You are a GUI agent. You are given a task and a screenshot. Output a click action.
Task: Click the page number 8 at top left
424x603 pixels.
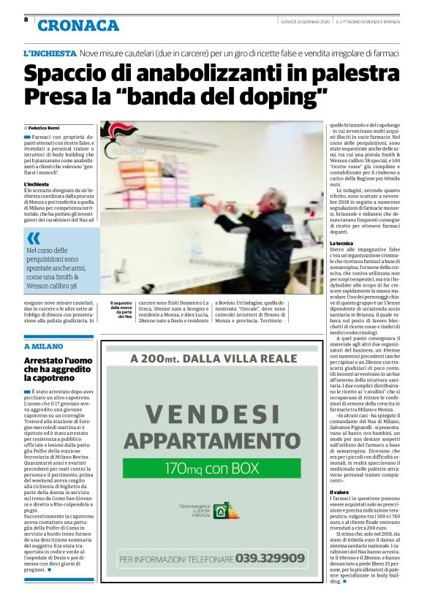(27, 20)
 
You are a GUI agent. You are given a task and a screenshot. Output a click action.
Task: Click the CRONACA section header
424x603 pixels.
(78, 26)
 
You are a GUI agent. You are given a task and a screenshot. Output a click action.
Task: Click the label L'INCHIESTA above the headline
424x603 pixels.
(50, 54)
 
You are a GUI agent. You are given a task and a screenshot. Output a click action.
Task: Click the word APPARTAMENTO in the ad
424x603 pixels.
(211, 441)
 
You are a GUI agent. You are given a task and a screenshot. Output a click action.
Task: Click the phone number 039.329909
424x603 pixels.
(270, 558)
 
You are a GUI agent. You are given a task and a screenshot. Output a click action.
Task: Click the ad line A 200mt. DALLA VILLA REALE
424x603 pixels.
(211, 359)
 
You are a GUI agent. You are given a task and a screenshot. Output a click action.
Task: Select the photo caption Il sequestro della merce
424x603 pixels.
(121, 310)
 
